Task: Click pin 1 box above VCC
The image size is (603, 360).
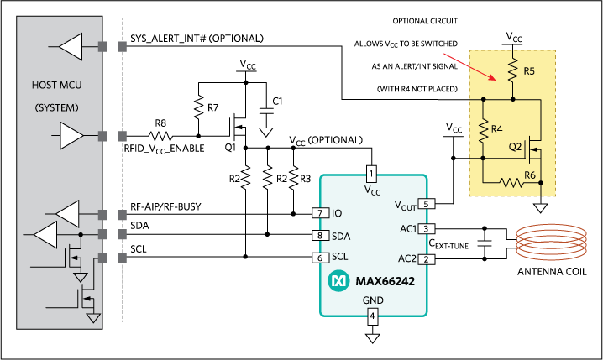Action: click(371, 174)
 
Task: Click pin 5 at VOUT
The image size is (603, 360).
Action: click(427, 204)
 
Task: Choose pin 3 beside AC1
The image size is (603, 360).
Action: click(427, 228)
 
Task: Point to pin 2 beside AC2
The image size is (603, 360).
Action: click(427, 258)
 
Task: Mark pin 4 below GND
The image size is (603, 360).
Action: click(371, 316)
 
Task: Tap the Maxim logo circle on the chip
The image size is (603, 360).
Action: click(338, 279)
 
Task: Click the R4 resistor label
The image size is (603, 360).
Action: click(497, 128)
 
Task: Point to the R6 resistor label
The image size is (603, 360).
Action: click(530, 175)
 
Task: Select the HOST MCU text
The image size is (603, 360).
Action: click(57, 85)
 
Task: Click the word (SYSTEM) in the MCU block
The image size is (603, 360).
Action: click(57, 108)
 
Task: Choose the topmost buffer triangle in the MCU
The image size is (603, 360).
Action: click(71, 46)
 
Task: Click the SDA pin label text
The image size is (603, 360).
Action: click(342, 236)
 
